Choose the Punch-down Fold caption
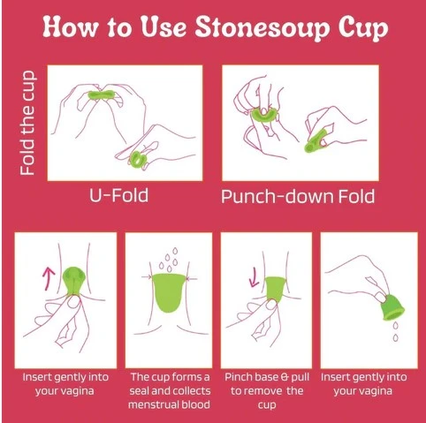point(297,195)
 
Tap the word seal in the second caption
point(146,389)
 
